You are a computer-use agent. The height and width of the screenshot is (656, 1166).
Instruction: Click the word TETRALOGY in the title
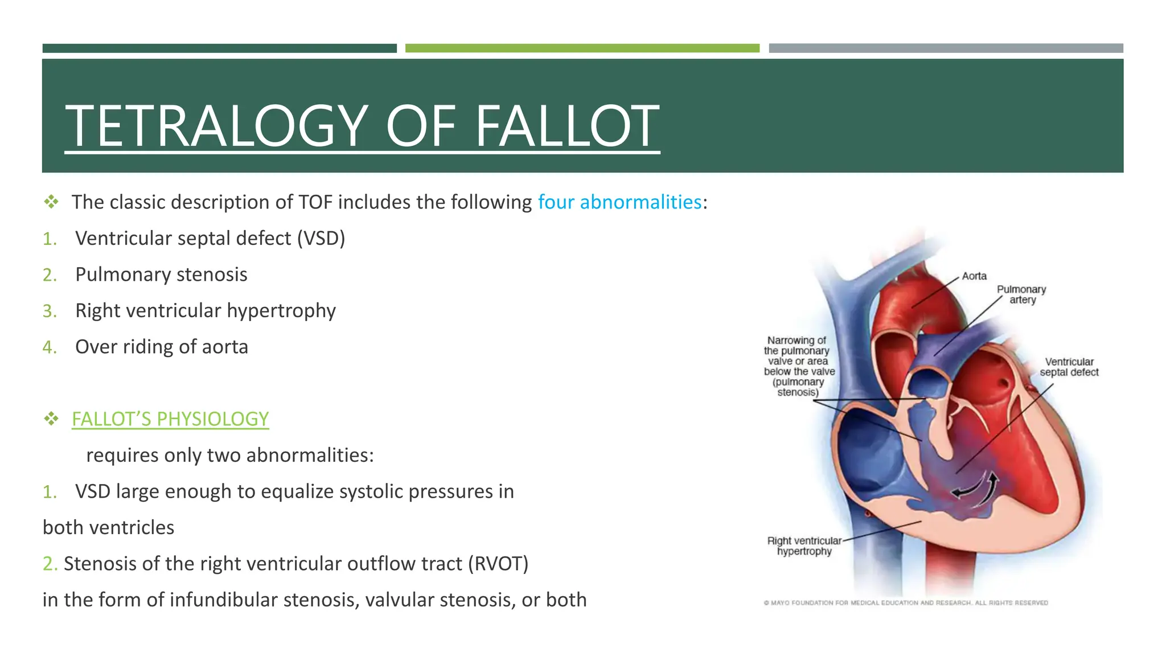pos(216,126)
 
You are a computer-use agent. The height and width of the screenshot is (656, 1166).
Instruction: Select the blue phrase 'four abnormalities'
pos(619,202)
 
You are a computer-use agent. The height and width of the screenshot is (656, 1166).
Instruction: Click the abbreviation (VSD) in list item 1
pos(321,239)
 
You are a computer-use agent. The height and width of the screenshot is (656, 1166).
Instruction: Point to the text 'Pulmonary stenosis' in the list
pos(161,274)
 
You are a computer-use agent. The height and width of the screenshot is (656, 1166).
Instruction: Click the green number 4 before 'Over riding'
pos(49,347)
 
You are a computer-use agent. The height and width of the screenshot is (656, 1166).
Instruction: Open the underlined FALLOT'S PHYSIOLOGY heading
pos(170,419)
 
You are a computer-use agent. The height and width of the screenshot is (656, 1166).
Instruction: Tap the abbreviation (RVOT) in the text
pos(498,564)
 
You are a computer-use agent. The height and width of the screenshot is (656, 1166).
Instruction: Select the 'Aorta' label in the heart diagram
pos(974,276)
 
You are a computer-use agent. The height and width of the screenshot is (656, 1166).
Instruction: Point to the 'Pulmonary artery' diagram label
pos(1021,294)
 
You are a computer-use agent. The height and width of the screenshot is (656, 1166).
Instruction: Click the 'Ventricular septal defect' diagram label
pos(1069,367)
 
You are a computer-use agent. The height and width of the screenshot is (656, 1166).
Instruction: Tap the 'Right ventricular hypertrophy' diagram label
pos(804,546)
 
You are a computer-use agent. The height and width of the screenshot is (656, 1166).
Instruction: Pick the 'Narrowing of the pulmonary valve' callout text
pos(799,366)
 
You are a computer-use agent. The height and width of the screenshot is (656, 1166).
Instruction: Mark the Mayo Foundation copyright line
pos(905,603)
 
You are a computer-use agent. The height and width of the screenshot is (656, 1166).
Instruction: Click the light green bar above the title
pos(582,48)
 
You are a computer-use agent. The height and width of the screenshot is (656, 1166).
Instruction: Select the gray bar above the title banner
pos(946,48)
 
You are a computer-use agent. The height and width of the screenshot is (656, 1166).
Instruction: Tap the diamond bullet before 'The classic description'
pos(51,202)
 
